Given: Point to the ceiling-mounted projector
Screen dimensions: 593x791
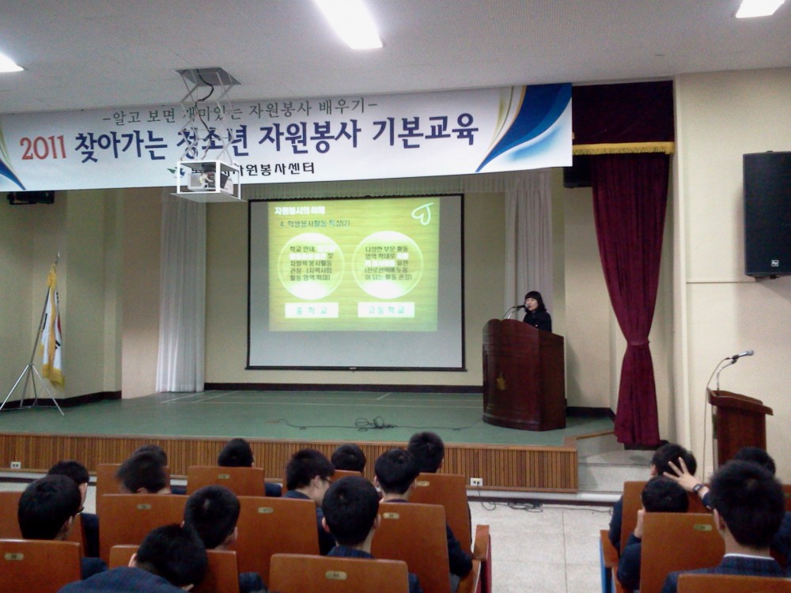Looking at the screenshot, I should (x=207, y=179).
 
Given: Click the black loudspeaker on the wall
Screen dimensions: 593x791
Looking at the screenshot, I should (x=766, y=213).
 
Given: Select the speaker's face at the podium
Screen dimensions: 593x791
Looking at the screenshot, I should (x=533, y=302).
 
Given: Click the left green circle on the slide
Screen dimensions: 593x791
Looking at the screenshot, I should (x=310, y=265).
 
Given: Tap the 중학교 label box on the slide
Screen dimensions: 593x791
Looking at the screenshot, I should (x=311, y=310).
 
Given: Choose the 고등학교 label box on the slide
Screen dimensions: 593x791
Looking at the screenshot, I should (x=385, y=309).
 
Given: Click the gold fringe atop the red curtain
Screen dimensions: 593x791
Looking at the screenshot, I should (x=623, y=148).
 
